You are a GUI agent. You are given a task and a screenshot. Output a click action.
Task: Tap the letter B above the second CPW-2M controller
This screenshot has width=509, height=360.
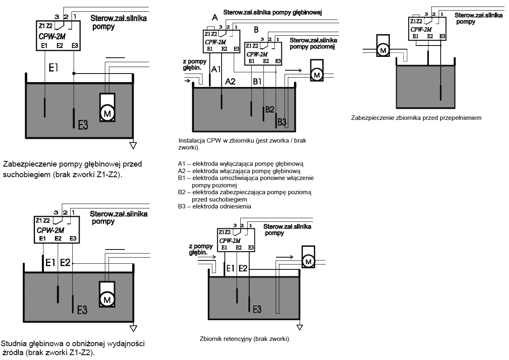pyautogui.click(x=256, y=30)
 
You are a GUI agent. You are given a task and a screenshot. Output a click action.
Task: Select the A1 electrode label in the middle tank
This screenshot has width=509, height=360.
pyautogui.click(x=216, y=69)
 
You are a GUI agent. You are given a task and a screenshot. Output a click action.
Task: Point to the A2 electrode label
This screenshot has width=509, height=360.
pyautogui.click(x=231, y=82)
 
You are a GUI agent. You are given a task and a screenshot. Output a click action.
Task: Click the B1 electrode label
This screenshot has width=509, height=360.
pyautogui.click(x=257, y=82)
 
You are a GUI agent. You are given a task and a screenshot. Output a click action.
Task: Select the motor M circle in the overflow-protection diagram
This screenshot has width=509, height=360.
pyautogui.click(x=383, y=50)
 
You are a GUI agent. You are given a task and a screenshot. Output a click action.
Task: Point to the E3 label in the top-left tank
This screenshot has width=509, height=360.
pyautogui.click(x=83, y=126)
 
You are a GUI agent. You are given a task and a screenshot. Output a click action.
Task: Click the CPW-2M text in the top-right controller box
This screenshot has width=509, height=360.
pyautogui.click(x=421, y=30)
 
